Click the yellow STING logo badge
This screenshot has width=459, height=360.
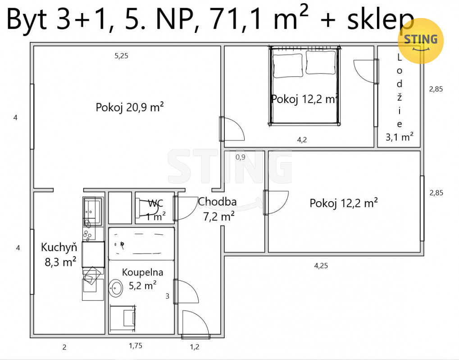pyautogui.click(x=421, y=41)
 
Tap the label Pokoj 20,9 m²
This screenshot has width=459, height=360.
pyautogui.click(x=129, y=108)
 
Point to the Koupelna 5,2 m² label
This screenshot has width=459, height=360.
pyautogui.click(x=142, y=279)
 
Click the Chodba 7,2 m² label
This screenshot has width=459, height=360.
pyautogui.click(x=218, y=209)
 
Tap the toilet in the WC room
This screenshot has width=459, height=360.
pyautogui.click(x=149, y=208)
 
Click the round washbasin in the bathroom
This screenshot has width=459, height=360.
pyautogui.click(x=116, y=288)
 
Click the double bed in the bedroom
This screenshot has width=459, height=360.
pyautogui.click(x=304, y=85)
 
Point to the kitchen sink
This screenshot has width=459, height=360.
pyautogui.click(x=92, y=207)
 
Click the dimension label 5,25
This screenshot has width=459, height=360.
pyautogui.click(x=121, y=56)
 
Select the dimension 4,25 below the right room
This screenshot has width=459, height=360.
pyautogui.click(x=321, y=266)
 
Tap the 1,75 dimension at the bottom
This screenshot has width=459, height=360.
pyautogui.click(x=136, y=346)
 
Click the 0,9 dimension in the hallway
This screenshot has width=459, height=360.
pyautogui.click(x=241, y=157)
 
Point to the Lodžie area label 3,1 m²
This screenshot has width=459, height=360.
pyautogui.click(x=399, y=137)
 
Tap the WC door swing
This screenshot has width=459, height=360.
pyautogui.click(x=186, y=208)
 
